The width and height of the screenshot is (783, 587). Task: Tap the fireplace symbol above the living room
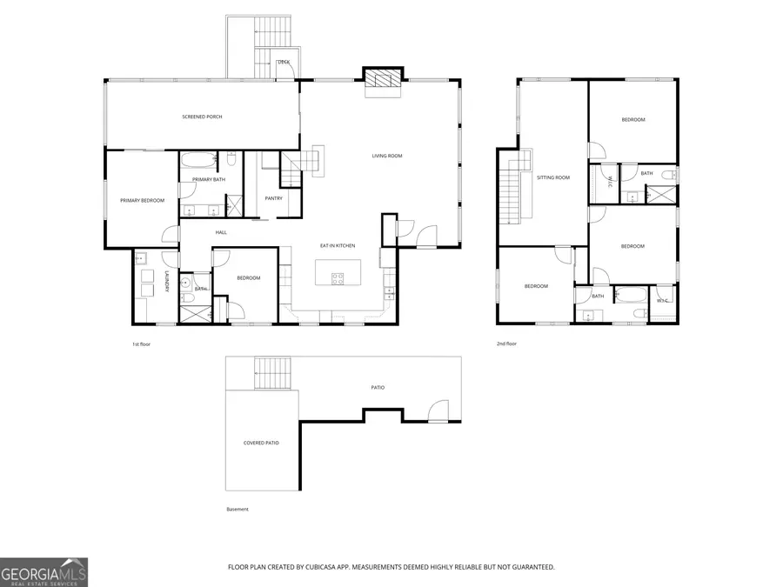(x=383, y=79)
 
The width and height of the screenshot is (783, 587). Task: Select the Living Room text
(x=387, y=156)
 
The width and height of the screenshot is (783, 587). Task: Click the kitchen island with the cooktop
(x=336, y=271)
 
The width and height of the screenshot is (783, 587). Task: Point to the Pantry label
(x=273, y=198)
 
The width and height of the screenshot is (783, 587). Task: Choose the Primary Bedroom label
(x=142, y=201)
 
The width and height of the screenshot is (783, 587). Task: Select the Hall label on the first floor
(x=221, y=232)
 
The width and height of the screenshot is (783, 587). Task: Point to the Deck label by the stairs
(x=284, y=63)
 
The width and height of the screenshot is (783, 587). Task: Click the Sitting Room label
(x=552, y=177)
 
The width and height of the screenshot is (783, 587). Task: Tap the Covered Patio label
(x=261, y=443)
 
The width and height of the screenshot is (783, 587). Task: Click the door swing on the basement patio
(x=438, y=409)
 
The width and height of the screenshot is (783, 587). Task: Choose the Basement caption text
(x=237, y=509)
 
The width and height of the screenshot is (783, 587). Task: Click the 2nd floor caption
(x=507, y=344)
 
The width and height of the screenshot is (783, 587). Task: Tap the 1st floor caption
(x=142, y=344)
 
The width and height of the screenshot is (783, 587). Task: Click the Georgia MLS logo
(x=43, y=572)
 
